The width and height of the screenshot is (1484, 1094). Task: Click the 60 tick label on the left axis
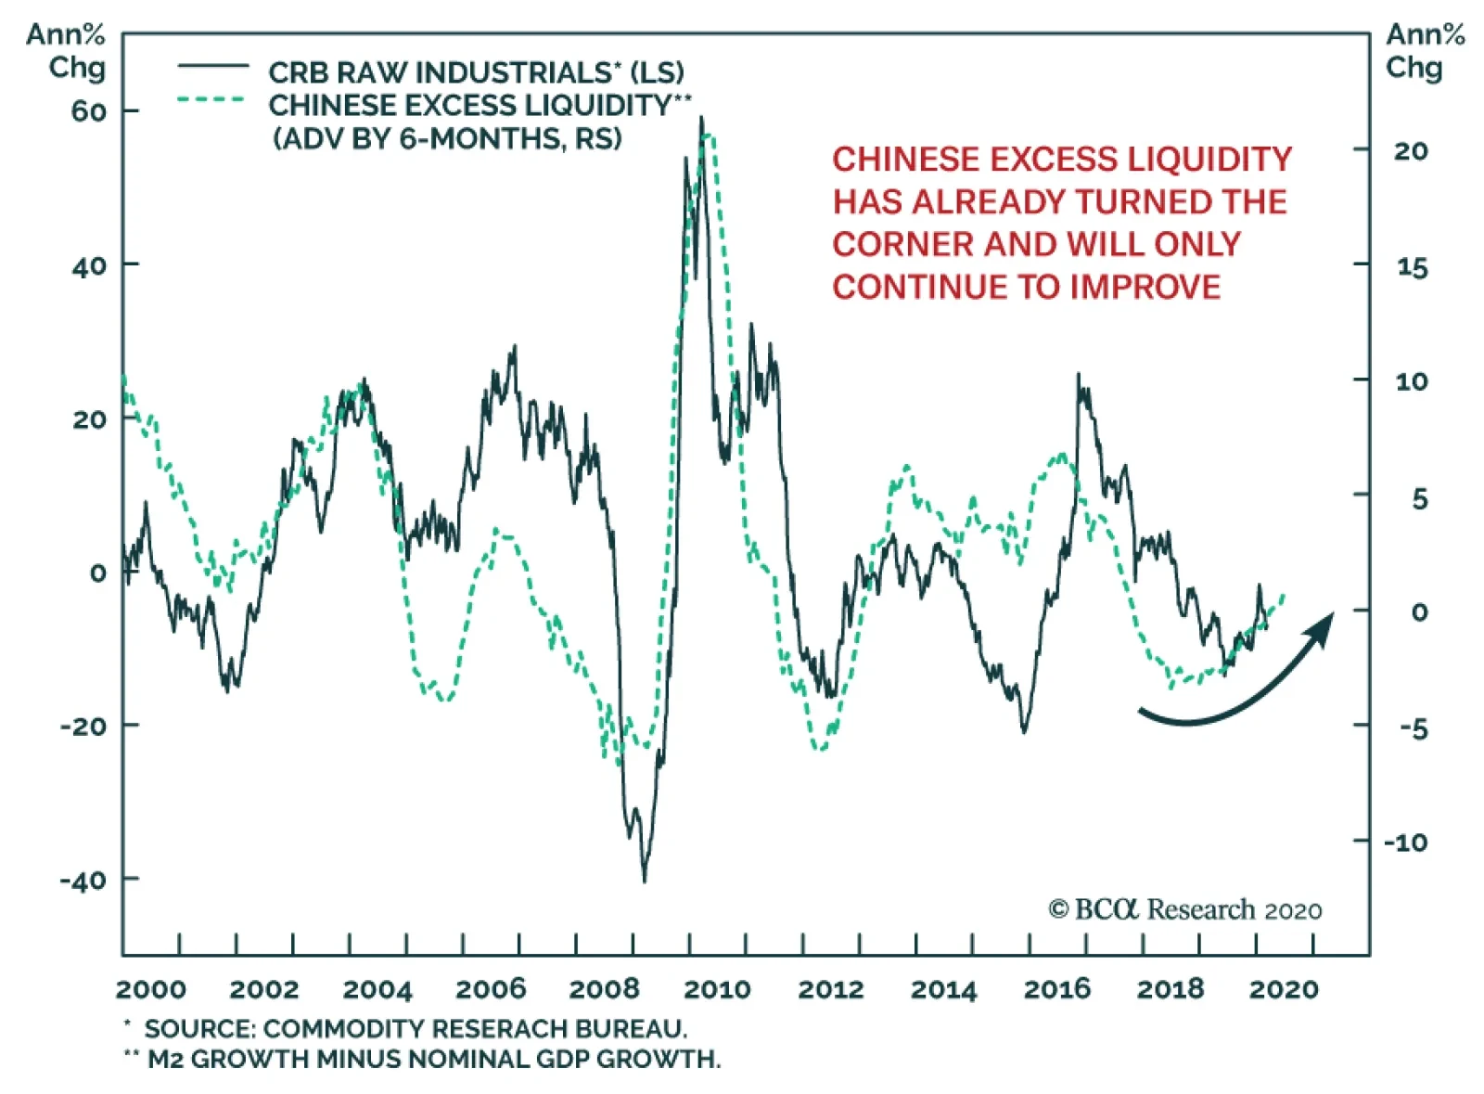(x=89, y=111)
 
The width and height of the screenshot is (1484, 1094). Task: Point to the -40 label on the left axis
(x=83, y=880)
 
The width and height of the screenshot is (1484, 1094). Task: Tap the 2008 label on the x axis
(x=604, y=989)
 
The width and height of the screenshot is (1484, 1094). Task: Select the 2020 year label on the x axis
(x=1284, y=989)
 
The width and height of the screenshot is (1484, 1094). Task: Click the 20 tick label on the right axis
(x=1411, y=151)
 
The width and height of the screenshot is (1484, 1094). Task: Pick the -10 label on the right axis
(x=1406, y=843)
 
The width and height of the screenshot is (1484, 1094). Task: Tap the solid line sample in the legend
(x=213, y=67)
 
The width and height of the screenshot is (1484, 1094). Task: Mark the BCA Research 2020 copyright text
(x=1185, y=909)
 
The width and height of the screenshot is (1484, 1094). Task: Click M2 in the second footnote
(x=165, y=1059)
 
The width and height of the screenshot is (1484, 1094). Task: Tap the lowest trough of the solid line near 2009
(x=644, y=880)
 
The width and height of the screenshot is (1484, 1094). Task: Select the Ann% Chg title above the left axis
(x=67, y=51)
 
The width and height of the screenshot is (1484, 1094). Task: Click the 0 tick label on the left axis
(x=97, y=573)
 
